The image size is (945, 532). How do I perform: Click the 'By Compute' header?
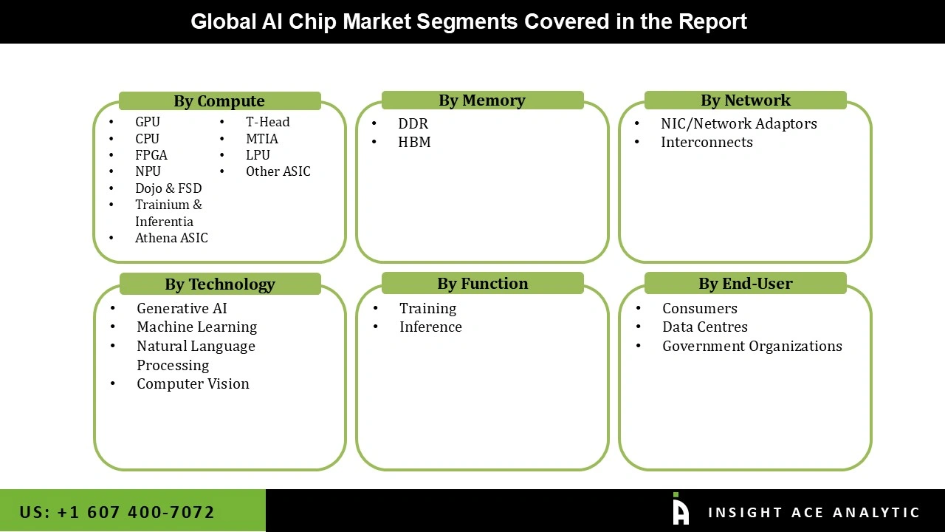[x=219, y=101]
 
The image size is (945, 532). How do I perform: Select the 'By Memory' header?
[x=482, y=100]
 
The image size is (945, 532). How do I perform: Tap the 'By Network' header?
[x=745, y=100]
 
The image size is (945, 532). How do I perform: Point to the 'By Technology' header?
[x=220, y=284]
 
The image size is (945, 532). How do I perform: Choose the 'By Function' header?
[x=482, y=284]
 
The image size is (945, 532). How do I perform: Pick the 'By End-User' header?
[x=745, y=284]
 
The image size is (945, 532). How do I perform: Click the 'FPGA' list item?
[x=151, y=155]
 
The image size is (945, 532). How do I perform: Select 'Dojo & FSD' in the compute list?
[x=168, y=188]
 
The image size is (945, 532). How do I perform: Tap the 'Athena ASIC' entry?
[x=171, y=238]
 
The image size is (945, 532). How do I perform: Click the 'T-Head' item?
[x=267, y=122]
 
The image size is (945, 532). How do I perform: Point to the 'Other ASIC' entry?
[x=278, y=171]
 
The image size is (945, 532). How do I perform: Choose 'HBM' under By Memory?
[x=414, y=143]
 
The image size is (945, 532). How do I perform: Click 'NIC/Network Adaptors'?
[x=738, y=124]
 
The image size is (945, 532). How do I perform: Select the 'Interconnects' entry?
[x=707, y=143]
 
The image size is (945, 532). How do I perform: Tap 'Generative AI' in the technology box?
[x=182, y=309]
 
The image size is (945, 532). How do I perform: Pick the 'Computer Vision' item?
[x=193, y=384]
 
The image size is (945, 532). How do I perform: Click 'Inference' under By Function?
[x=430, y=327]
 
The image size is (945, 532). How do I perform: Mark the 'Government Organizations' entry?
[x=752, y=347]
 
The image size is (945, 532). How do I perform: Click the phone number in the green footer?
[x=117, y=512]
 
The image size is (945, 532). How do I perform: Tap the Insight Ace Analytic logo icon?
[x=681, y=510]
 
